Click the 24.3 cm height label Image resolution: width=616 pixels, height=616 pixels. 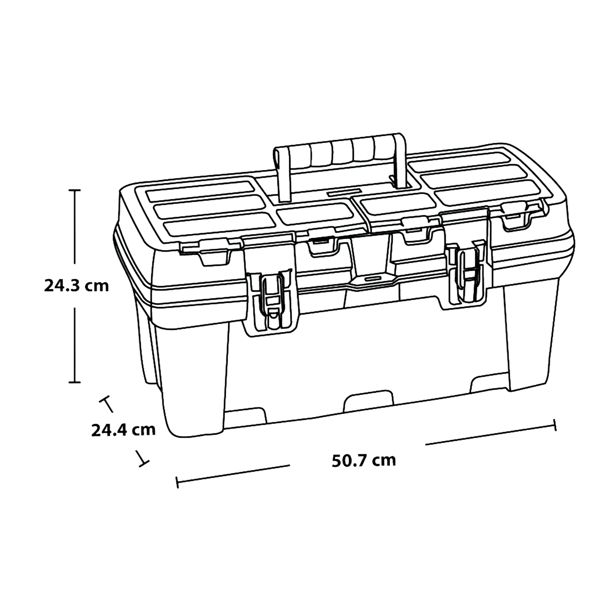77,286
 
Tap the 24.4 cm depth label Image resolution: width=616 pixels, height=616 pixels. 123,430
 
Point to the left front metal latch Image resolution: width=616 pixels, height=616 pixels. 271,300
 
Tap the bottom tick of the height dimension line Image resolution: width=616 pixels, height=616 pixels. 75,382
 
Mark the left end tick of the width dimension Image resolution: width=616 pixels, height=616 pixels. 177,482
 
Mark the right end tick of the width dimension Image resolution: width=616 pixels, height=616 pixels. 555,425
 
